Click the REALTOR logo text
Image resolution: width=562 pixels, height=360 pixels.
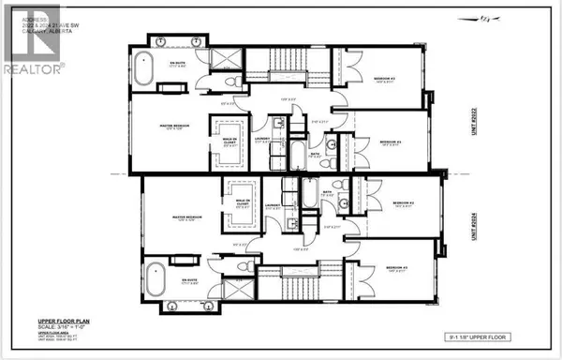point(33,68)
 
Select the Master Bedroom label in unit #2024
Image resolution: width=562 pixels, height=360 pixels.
point(184,220)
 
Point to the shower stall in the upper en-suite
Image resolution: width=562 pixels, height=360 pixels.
point(224,58)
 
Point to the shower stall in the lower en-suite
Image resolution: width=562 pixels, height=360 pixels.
point(224,287)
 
